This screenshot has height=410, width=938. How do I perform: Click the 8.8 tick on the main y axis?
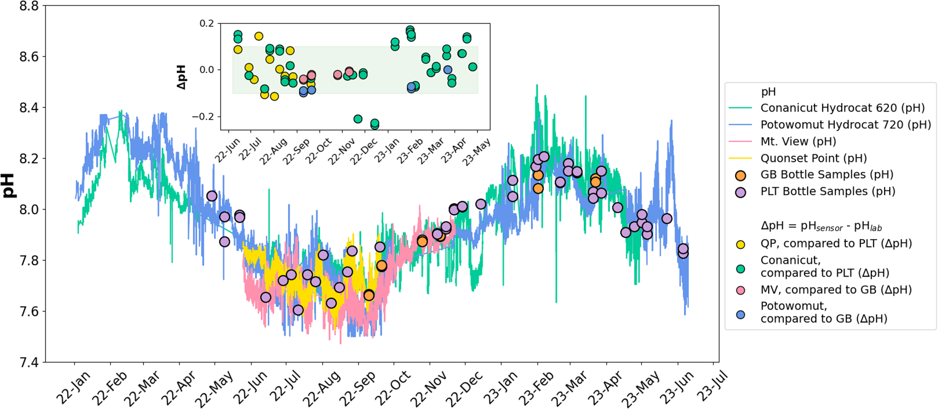pos(29,6)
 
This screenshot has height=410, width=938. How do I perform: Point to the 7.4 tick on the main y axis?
pos(29,362)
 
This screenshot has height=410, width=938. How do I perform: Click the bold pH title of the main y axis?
pos(10,185)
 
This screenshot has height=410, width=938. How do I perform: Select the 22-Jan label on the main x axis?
pos(73,388)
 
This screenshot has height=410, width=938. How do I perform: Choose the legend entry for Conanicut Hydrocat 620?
pos(842,108)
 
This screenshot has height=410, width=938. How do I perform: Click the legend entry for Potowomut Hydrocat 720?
pos(845,125)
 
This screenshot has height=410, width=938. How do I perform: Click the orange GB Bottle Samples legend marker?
pos(741,175)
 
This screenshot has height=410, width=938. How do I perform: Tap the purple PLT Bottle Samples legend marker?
pos(741,192)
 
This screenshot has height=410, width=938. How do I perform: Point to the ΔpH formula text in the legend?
pos(821,226)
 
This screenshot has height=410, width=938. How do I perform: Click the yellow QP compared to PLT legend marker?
pos(741,244)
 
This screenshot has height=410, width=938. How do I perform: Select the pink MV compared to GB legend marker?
pos(741,290)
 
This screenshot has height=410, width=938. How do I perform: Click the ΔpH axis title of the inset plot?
pos(182,77)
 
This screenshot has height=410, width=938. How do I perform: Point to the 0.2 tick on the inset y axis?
pos(207,23)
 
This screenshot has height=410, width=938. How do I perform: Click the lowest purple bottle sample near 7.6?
pos(298,310)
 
